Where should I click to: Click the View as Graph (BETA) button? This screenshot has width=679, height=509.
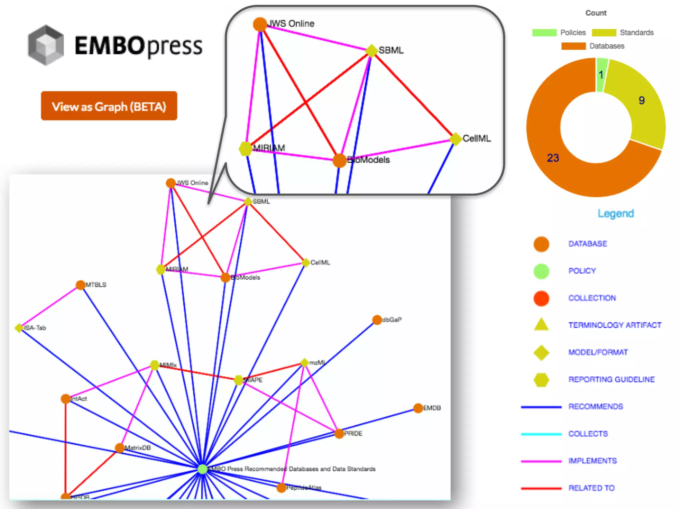(x=109, y=106)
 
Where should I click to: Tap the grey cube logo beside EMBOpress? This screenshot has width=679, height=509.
(x=46, y=45)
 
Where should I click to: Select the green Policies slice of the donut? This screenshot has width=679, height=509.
(x=602, y=75)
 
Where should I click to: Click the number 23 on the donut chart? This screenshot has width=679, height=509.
(x=553, y=158)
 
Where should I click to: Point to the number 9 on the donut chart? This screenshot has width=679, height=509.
(x=642, y=100)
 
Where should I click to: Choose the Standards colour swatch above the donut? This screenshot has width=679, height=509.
(x=604, y=32)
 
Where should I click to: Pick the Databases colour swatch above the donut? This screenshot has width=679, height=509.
(x=573, y=46)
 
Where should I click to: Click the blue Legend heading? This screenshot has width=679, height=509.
(x=616, y=213)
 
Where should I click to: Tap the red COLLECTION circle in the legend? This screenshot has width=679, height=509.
(x=541, y=298)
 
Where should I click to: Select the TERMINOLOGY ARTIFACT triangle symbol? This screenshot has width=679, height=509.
(x=541, y=325)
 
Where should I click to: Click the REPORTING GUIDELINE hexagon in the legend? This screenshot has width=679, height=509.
(x=541, y=379)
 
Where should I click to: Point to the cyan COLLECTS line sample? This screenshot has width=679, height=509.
(x=541, y=434)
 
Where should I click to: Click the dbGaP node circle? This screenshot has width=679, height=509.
(x=377, y=320)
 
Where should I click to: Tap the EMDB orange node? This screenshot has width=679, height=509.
(x=418, y=408)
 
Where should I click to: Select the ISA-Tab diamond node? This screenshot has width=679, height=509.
(x=19, y=328)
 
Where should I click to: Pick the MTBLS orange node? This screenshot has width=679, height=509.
(x=81, y=285)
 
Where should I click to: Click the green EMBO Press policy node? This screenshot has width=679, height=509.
(x=202, y=469)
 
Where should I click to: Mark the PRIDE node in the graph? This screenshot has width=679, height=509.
(x=339, y=433)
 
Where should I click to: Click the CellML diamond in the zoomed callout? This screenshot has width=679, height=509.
(x=456, y=139)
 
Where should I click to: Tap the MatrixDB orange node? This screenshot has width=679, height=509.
(x=120, y=448)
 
